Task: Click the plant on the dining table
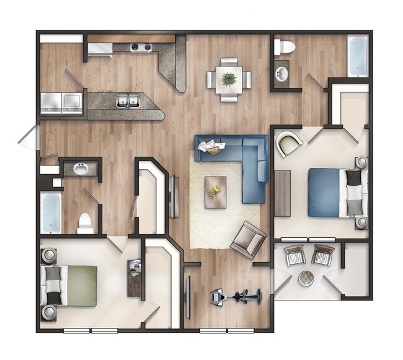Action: [229, 79]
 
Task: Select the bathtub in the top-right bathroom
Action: [358, 56]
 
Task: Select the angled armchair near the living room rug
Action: [248, 240]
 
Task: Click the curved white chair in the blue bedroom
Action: [289, 143]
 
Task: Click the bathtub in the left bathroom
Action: [50, 213]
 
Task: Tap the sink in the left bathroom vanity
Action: [81, 169]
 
